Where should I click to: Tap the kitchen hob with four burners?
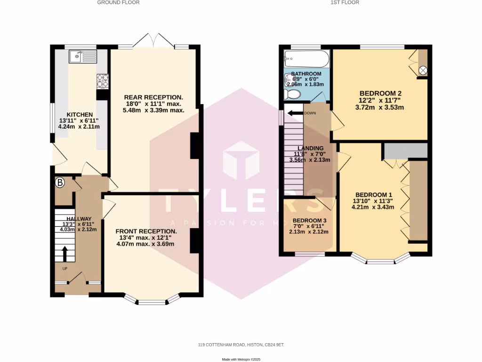tap(103, 82)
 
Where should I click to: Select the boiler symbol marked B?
tap(60, 183)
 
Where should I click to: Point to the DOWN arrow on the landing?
tap(296, 113)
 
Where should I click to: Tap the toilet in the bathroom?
tap(293, 94)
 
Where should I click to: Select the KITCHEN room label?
tap(79, 115)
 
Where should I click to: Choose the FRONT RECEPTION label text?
tap(146, 231)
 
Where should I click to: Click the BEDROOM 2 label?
tap(380, 93)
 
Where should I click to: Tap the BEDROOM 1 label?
tap(374, 195)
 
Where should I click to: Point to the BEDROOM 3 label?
tap(309, 221)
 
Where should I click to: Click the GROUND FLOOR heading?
tap(118, 2)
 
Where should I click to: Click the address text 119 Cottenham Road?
tap(241, 345)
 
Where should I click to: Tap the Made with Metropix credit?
tap(241, 359)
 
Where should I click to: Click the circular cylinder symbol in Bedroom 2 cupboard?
tap(423, 70)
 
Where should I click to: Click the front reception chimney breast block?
tap(194, 241)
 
